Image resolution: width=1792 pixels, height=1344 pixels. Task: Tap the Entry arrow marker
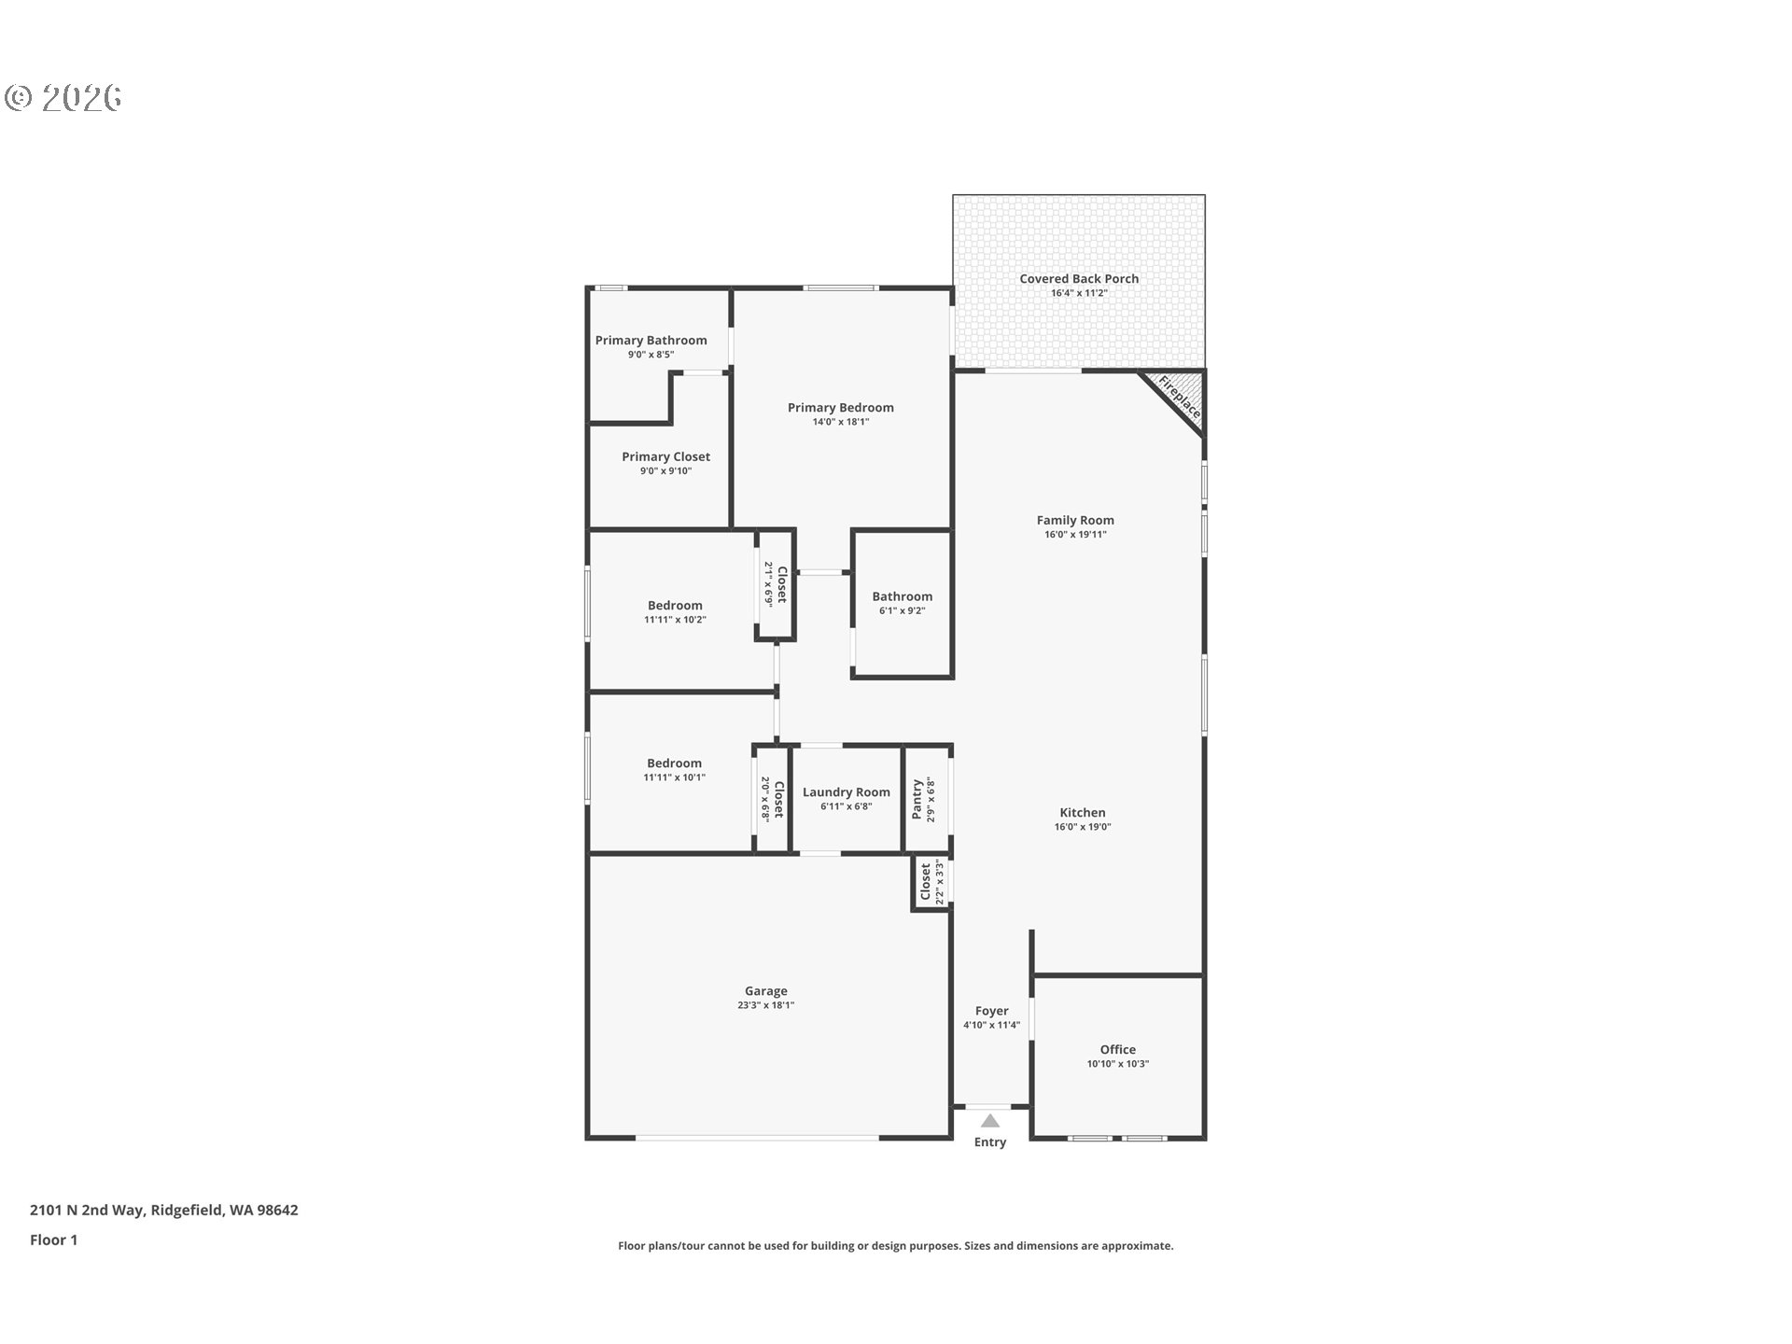[990, 1121]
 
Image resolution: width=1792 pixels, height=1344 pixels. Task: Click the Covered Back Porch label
[1079, 278]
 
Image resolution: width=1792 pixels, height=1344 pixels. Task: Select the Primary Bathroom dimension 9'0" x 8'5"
[651, 355]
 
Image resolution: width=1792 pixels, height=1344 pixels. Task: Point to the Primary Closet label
[665, 456]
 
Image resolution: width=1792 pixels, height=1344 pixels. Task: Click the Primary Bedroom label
[840, 407]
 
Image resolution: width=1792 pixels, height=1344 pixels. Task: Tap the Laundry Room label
[846, 792]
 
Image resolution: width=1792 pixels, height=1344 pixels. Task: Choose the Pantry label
[917, 800]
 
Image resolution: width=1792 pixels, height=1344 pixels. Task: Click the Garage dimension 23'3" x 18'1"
[765, 1005]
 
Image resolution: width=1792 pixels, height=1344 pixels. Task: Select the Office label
[1117, 1049]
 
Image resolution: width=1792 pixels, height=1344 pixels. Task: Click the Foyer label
[991, 1011]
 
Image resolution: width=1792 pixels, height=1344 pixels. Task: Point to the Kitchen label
[1082, 812]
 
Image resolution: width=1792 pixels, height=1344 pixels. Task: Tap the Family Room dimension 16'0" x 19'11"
[1075, 535]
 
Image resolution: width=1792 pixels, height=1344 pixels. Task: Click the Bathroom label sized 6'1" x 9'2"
[902, 596]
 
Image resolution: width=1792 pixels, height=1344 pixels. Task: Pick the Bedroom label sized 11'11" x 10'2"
[675, 605]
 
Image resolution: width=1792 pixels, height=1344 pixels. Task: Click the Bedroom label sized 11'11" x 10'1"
[674, 763]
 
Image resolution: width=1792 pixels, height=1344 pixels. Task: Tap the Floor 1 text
[53, 1239]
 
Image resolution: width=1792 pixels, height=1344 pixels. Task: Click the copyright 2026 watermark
[63, 97]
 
